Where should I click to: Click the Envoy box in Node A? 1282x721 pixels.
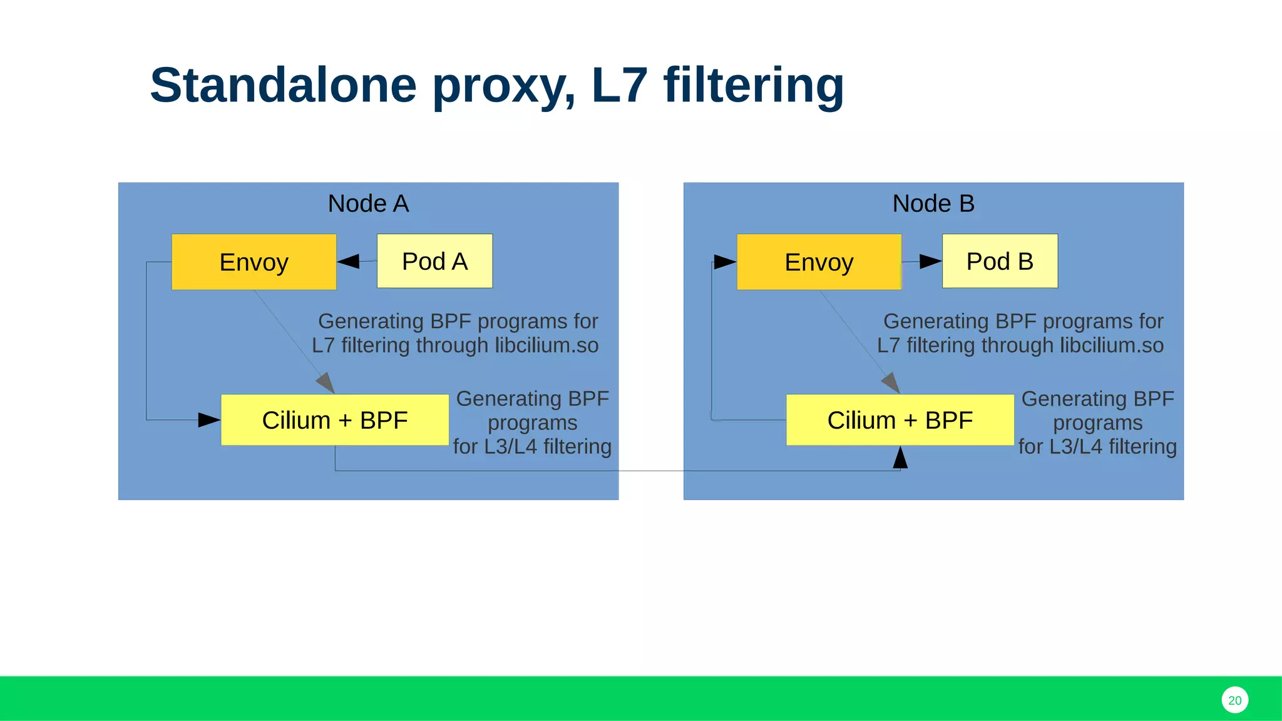[254, 262]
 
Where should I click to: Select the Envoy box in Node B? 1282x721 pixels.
[819, 262]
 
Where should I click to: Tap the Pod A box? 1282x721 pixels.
[434, 261]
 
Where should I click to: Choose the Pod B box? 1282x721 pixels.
[1000, 261]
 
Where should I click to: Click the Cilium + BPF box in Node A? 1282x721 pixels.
[335, 420]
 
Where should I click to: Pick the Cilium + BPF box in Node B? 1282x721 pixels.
[900, 420]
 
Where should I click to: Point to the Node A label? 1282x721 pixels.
[368, 203]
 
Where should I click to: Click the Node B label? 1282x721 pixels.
[933, 203]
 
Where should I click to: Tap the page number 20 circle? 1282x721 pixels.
[1234, 700]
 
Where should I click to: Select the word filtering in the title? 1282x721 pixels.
[754, 85]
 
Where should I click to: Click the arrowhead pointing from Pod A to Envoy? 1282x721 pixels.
[349, 262]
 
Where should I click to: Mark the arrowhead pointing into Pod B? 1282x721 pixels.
[930, 262]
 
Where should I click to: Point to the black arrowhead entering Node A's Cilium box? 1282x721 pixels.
[209, 420]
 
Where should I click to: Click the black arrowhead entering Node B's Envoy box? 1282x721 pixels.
[725, 262]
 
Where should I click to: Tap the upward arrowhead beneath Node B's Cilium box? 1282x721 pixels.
[900, 458]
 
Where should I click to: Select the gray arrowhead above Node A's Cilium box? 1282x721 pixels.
[326, 382]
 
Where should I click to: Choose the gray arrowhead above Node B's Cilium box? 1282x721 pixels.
[891, 382]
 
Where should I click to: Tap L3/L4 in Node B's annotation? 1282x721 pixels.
[1074, 447]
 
